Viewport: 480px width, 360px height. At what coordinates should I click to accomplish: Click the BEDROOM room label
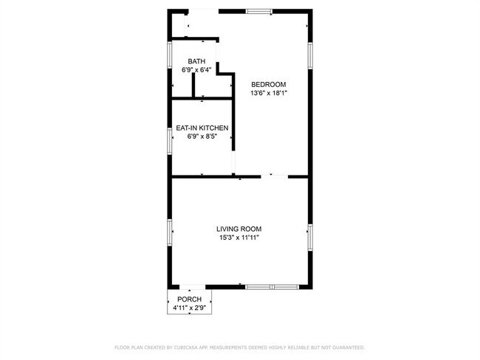[x=268, y=83]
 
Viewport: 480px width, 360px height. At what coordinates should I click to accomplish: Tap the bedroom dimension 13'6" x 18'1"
[x=268, y=93]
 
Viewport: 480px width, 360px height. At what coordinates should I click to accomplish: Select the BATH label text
[x=196, y=61]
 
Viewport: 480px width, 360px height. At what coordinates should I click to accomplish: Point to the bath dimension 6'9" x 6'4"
[x=196, y=70]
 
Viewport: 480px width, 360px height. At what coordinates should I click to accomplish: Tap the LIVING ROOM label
[x=239, y=229]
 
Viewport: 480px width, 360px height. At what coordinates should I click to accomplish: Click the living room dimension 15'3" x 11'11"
[x=239, y=238]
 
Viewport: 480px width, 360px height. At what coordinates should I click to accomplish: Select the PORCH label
[x=189, y=299]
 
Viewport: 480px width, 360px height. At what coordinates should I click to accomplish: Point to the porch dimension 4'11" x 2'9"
[x=189, y=307]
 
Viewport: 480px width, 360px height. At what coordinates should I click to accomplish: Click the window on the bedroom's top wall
[x=258, y=11]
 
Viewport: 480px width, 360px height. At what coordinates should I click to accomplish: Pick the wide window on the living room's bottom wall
[x=272, y=286]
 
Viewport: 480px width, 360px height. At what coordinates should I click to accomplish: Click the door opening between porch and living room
[x=189, y=286]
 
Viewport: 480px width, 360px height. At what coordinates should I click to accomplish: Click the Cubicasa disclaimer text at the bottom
[x=239, y=347]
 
